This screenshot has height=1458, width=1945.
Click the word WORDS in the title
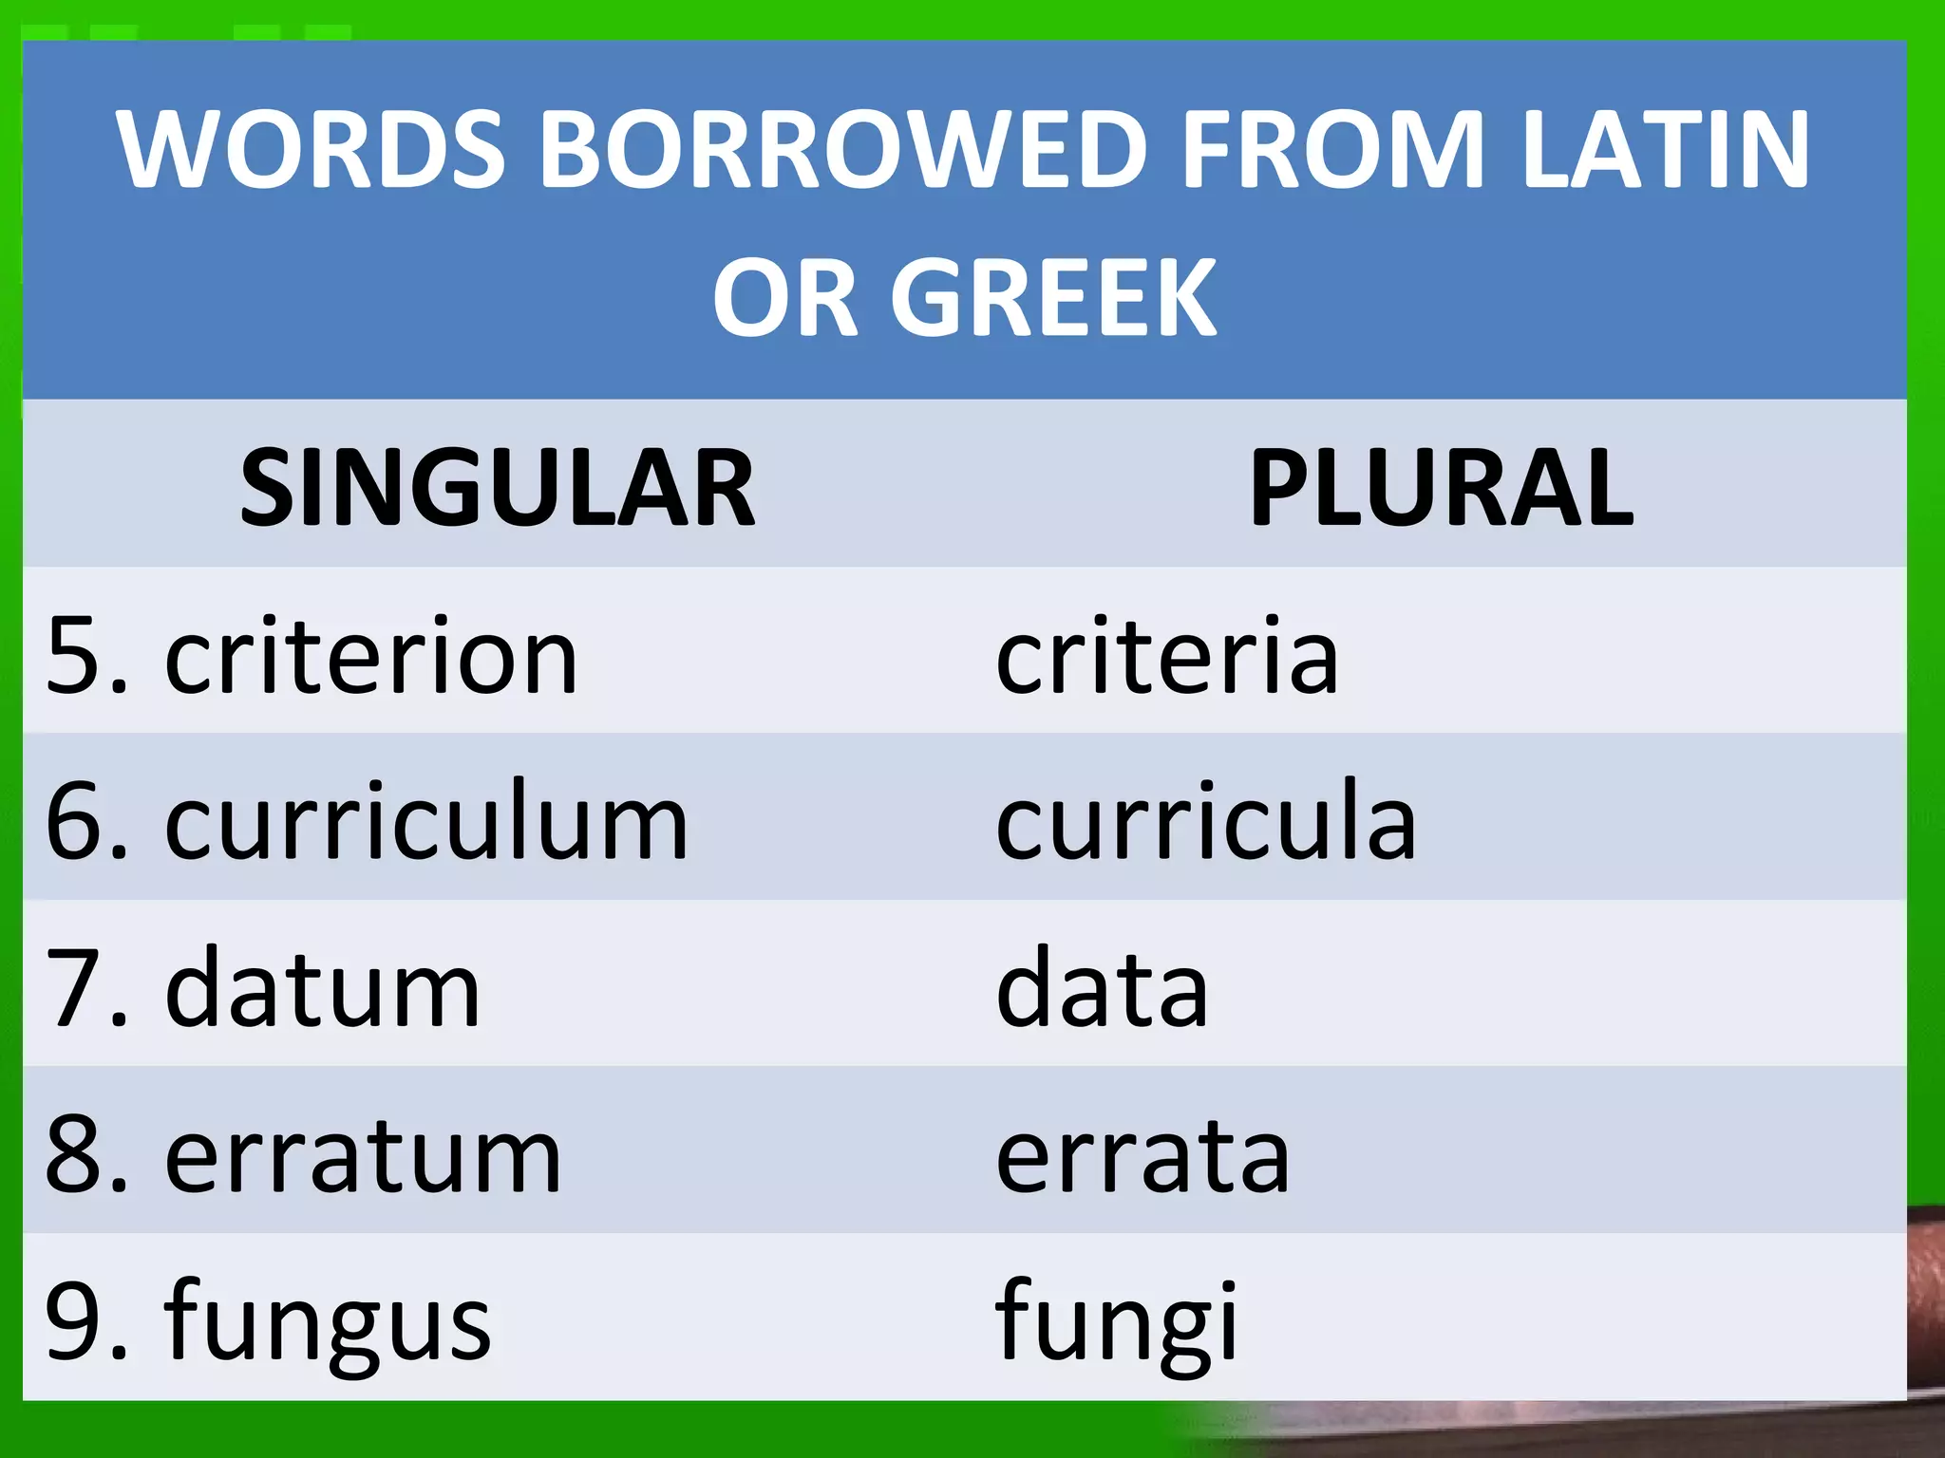pyautogui.click(x=311, y=150)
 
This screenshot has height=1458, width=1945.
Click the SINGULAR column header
pyautogui.click(x=498, y=488)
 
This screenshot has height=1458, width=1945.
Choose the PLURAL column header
pyautogui.click(x=1441, y=488)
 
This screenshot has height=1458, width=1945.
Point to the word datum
pyautogui.click(x=323, y=989)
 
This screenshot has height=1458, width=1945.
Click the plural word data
pyautogui.click(x=1102, y=989)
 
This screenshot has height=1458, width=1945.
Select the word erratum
pyautogui.click(x=364, y=1156)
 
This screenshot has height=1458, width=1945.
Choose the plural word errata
pyautogui.click(x=1142, y=1156)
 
